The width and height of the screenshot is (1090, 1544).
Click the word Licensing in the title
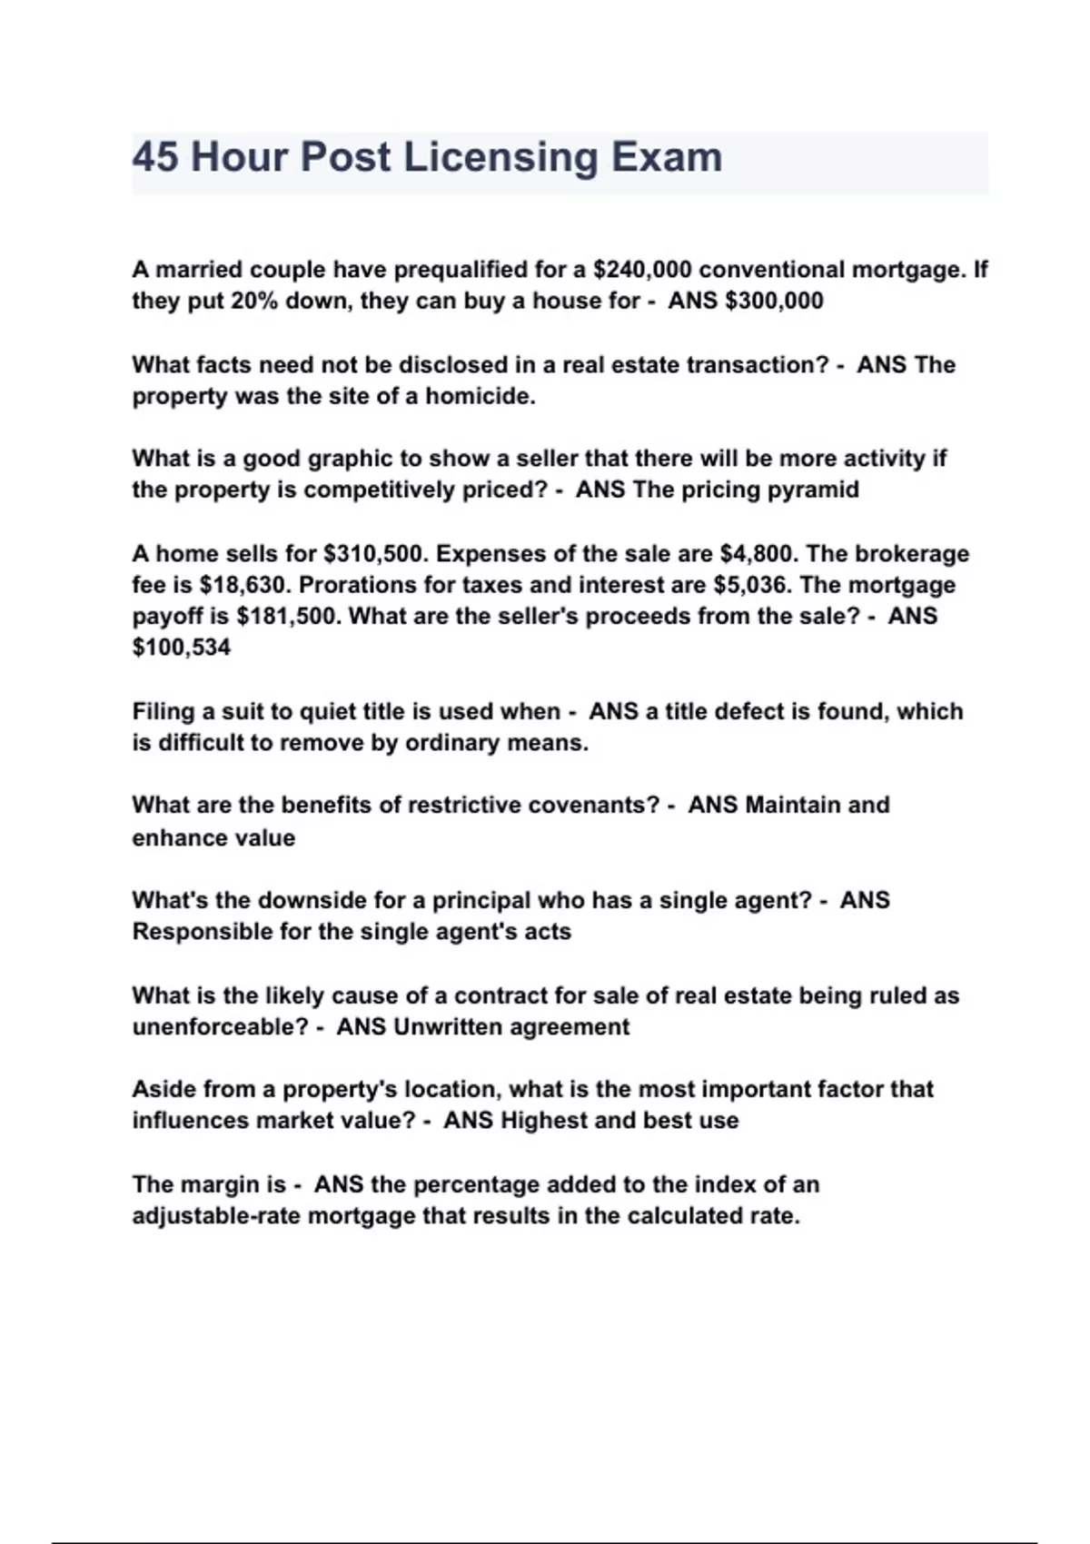coord(500,158)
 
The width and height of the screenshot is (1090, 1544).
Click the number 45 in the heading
coord(155,158)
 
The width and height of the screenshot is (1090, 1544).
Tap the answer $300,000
coord(774,301)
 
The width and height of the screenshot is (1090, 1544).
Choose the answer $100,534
coord(181,648)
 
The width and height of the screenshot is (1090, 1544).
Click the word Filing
coord(161,711)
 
